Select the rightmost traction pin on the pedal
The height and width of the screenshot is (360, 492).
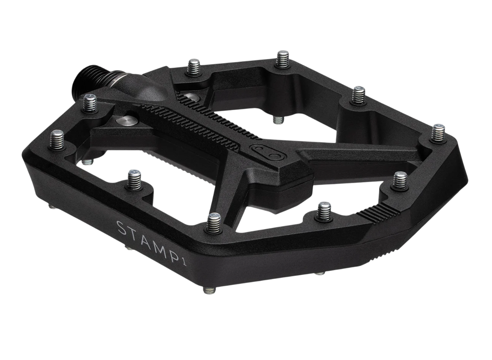click(438, 133)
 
